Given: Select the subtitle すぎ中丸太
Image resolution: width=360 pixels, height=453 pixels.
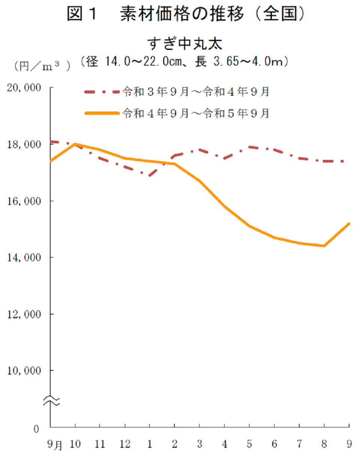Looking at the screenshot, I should pyautogui.click(x=185, y=44).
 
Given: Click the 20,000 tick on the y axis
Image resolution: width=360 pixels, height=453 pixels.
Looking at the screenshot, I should pyautogui.click(x=23, y=87).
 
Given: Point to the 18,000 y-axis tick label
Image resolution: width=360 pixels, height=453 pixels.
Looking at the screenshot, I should pyautogui.click(x=23, y=144).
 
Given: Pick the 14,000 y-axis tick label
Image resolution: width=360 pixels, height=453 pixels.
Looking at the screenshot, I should pyautogui.click(x=23, y=257).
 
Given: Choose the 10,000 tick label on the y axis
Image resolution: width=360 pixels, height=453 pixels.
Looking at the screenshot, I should pyautogui.click(x=23, y=370).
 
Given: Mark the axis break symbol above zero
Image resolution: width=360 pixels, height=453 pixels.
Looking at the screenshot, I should pyautogui.click(x=51, y=401).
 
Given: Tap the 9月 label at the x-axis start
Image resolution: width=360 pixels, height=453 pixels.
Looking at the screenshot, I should pyautogui.click(x=55, y=444).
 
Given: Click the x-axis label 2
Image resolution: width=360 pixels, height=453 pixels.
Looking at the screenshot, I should pyautogui.click(x=175, y=444).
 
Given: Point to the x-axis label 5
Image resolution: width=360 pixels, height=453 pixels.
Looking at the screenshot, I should pyautogui.click(x=249, y=444).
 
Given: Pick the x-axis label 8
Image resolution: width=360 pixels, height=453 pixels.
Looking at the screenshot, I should pyautogui.click(x=324, y=444).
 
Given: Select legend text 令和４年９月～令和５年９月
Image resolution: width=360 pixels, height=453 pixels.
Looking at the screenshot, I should pyautogui.click(x=195, y=113).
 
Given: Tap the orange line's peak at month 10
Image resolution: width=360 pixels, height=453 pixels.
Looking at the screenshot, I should pyautogui.click(x=75, y=144).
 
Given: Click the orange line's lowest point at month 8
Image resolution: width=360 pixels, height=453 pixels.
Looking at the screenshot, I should pyautogui.click(x=324, y=246).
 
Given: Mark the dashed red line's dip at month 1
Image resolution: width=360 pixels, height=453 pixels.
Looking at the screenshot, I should pyautogui.click(x=150, y=175).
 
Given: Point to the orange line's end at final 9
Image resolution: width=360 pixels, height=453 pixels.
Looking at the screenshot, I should pyautogui.click(x=349, y=224).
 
